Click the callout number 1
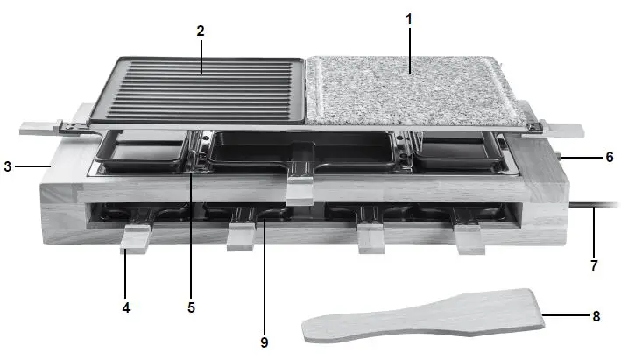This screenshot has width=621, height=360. [407, 18]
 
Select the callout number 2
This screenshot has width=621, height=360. [201, 31]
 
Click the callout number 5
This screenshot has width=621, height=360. [191, 307]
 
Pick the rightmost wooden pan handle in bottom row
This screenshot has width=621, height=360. [470, 239]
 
